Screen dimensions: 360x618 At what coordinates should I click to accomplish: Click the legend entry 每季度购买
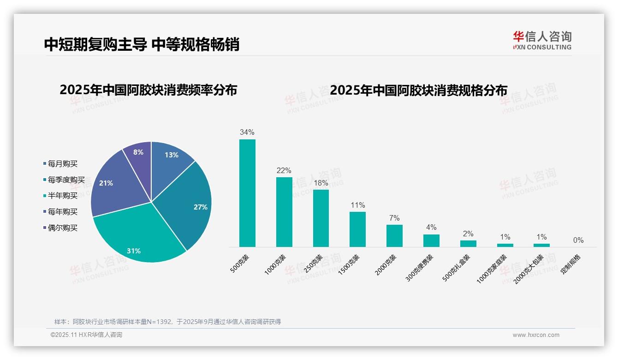click(x=66, y=180)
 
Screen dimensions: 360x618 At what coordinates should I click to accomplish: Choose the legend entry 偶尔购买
click(x=62, y=228)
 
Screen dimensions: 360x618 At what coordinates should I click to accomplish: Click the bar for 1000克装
click(x=284, y=212)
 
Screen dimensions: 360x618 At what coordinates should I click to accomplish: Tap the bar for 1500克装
click(x=357, y=229)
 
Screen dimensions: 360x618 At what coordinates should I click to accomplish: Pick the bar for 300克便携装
click(x=431, y=240)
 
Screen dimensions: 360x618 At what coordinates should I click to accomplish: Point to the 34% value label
click(x=247, y=132)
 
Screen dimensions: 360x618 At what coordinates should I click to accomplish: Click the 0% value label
click(x=578, y=240)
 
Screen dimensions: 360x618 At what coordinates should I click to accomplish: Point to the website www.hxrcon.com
click(x=536, y=335)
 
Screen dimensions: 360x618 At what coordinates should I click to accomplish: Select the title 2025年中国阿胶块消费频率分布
click(x=148, y=90)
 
